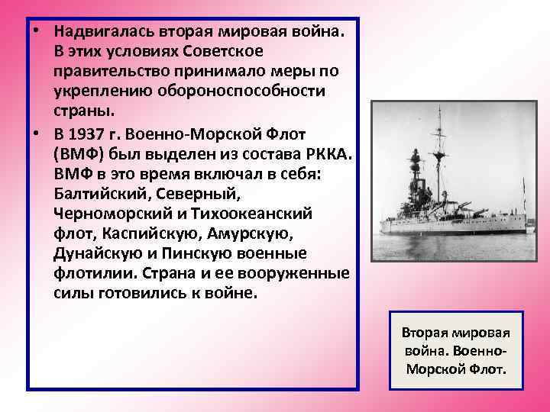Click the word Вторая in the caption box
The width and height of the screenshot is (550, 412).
(426, 333)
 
